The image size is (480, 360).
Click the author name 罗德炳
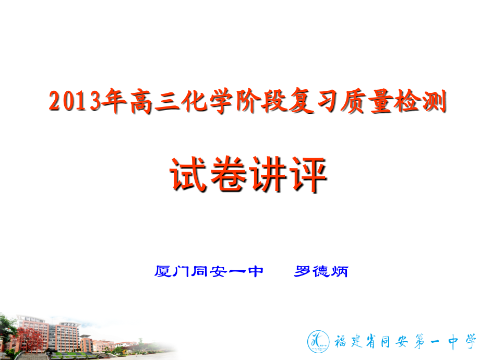(x=321, y=272)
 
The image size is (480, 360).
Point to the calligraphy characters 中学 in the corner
(x=460, y=341)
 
